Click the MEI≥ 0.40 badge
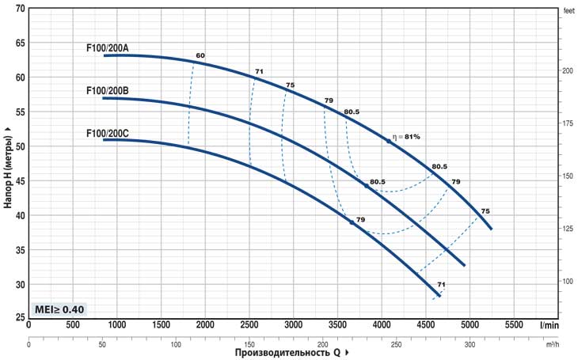click(x=59, y=309)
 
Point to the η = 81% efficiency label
click(x=406, y=137)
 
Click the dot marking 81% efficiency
click(x=388, y=141)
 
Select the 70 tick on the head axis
click(x=20, y=9)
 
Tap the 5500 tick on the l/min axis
click(x=515, y=325)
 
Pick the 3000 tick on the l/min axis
click(x=294, y=325)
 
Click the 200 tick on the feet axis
click(x=567, y=70)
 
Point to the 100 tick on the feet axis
click(x=567, y=282)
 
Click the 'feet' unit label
click(x=568, y=11)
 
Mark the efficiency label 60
click(x=200, y=55)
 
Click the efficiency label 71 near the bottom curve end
click(x=441, y=285)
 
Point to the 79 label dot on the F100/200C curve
click(x=352, y=223)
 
